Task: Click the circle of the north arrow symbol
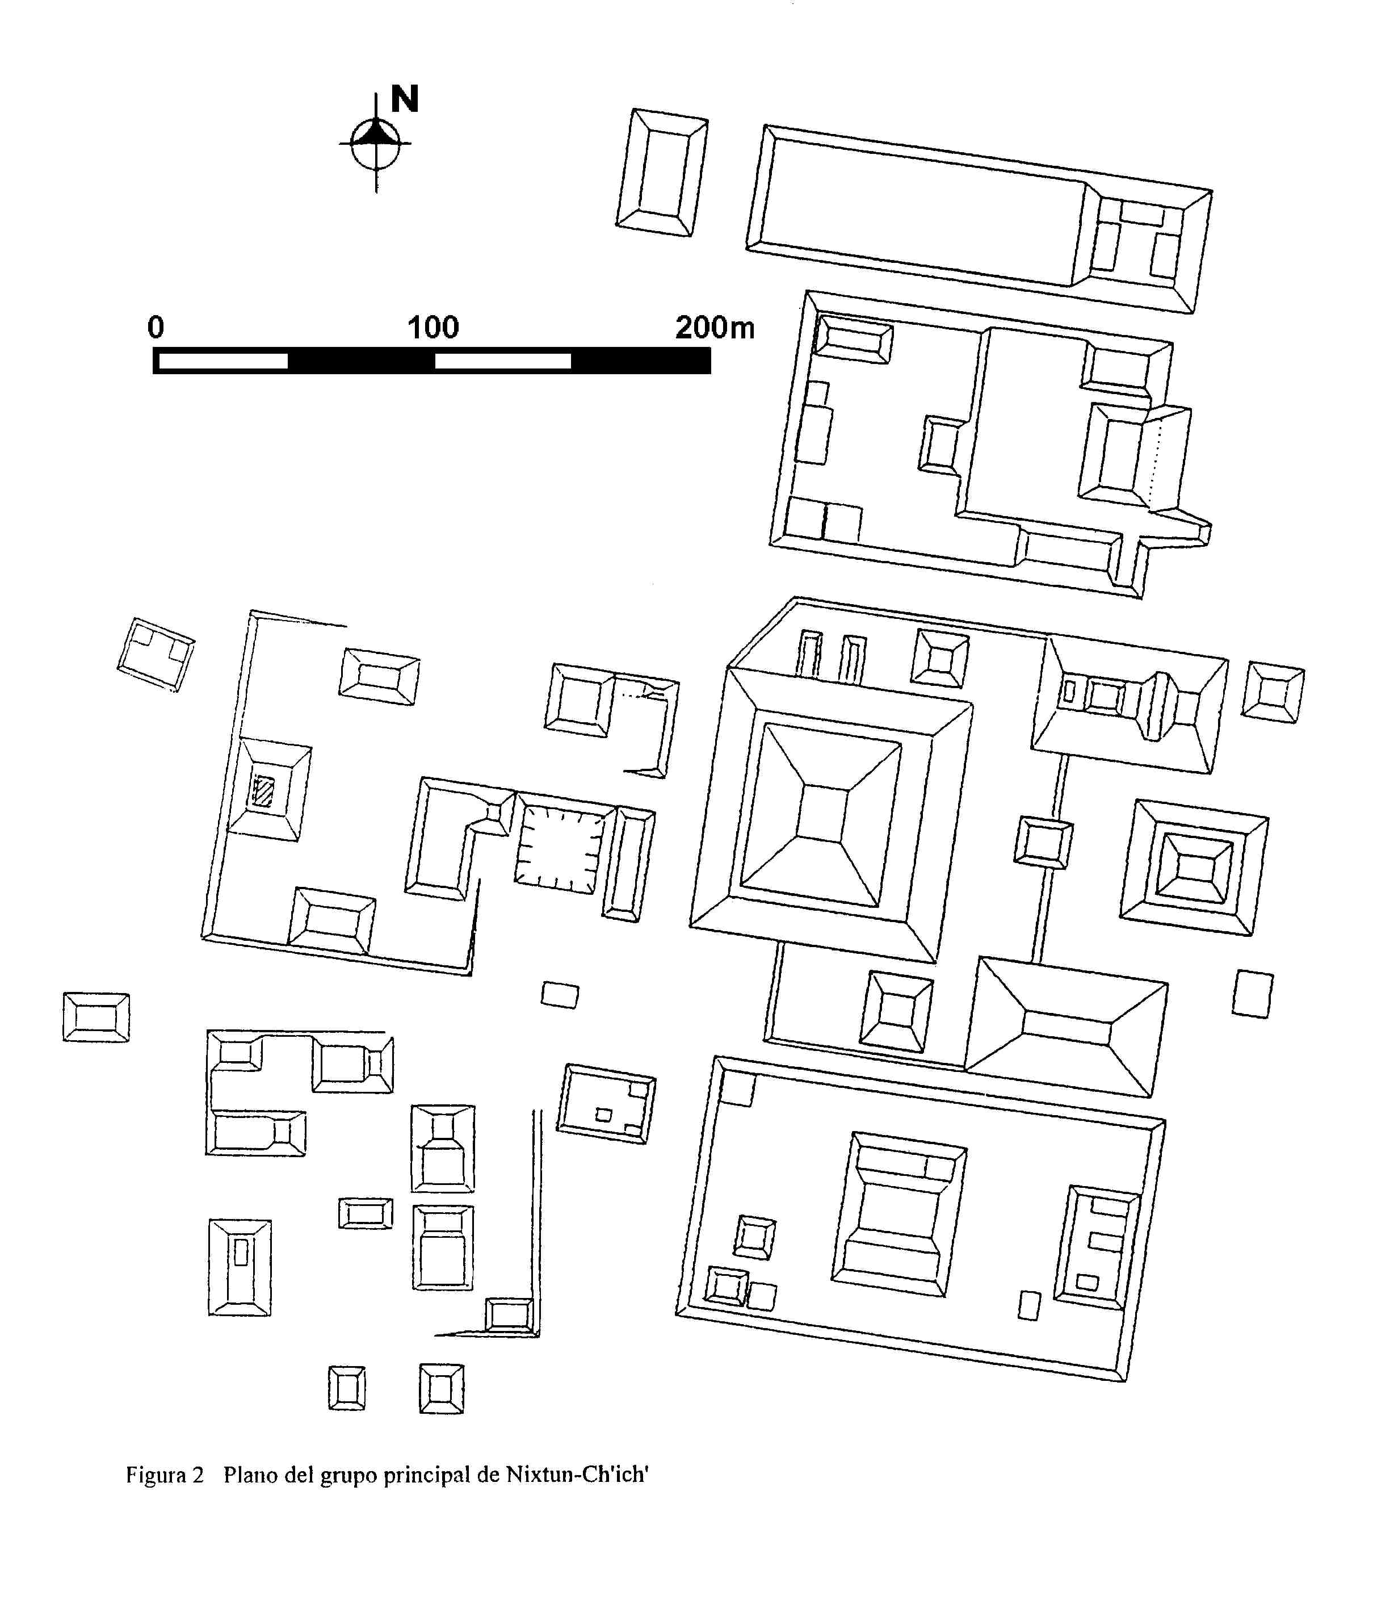376,143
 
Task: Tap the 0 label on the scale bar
156,328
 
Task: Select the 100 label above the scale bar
434,328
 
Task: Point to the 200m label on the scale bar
715,328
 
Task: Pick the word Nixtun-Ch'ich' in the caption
577,1474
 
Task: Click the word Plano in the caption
251,1474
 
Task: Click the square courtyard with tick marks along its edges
559,848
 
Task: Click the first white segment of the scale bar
223,361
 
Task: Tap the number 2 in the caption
198,1475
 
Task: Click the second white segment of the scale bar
503,361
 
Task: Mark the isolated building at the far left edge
96,1017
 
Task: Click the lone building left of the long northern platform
662,172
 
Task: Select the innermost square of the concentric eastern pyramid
1196,868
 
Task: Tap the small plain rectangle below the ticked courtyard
560,995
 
